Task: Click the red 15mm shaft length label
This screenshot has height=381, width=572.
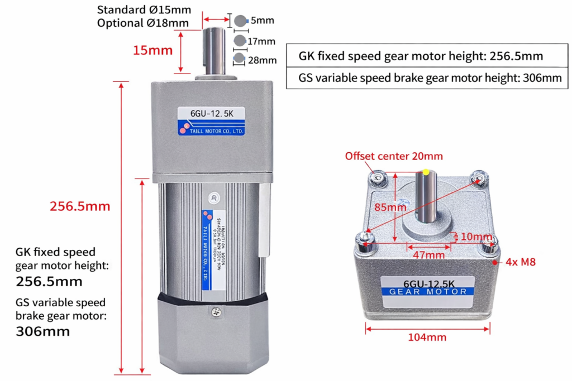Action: [152, 50]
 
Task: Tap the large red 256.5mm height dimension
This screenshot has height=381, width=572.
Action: [80, 206]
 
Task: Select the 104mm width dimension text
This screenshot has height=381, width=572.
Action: [428, 337]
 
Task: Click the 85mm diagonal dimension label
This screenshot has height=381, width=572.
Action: [390, 208]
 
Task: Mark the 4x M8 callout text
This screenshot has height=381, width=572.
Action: [521, 261]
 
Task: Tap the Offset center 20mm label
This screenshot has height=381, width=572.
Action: [394, 156]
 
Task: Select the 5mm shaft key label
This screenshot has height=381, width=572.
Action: [262, 21]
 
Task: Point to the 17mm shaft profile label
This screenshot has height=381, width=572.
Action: [262, 41]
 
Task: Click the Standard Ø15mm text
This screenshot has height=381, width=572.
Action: [144, 10]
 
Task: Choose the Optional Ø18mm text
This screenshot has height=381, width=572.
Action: [143, 23]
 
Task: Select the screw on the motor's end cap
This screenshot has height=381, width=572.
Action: [214, 313]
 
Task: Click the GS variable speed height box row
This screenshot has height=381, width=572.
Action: [430, 78]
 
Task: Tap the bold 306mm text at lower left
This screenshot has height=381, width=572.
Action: [44, 331]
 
